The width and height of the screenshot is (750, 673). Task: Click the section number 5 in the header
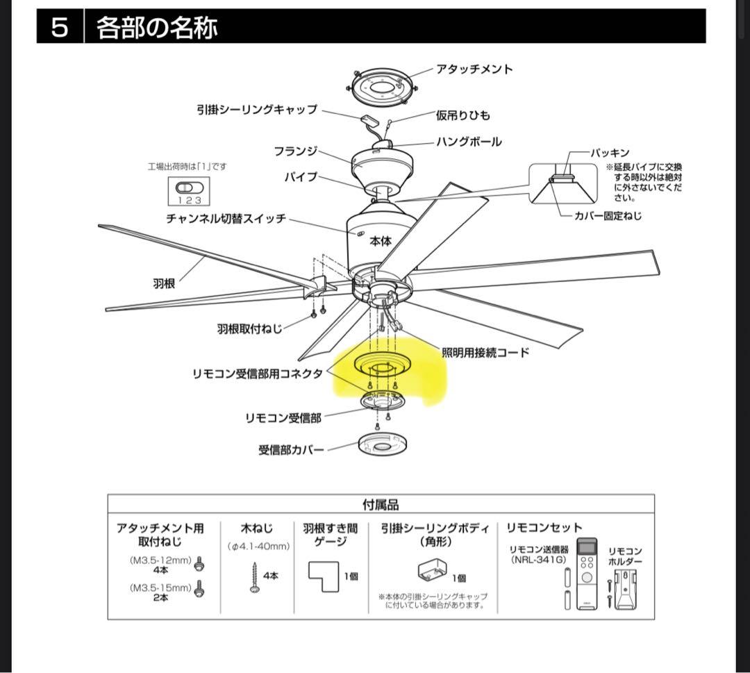click(x=60, y=28)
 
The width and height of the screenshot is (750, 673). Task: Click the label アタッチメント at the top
click(x=474, y=69)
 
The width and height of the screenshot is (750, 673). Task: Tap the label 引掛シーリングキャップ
click(x=256, y=110)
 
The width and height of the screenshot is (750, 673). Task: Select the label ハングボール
click(x=468, y=142)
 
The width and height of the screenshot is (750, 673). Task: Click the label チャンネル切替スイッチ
click(x=226, y=219)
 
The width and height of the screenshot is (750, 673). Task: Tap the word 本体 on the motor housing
click(x=381, y=240)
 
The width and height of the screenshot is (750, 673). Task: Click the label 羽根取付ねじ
click(x=249, y=329)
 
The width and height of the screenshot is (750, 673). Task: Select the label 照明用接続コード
click(x=485, y=353)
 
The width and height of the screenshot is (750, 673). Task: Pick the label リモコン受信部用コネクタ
click(x=258, y=374)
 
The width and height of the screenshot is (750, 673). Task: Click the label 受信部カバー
click(x=291, y=450)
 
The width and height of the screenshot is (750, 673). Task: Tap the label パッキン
click(x=610, y=153)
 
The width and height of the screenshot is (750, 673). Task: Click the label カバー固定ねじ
click(x=608, y=216)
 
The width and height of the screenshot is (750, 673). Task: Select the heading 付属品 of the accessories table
click(x=381, y=505)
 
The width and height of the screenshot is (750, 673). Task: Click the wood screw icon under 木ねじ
click(x=254, y=577)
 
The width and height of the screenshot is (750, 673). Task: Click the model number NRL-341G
click(x=538, y=559)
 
